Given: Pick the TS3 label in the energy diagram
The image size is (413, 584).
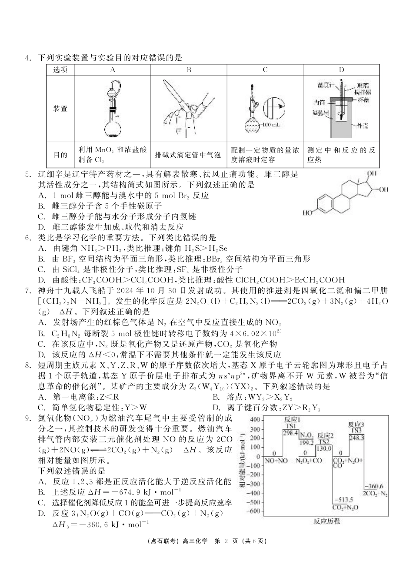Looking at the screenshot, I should pos(356,430).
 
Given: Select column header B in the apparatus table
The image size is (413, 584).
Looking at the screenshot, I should pos(189,70).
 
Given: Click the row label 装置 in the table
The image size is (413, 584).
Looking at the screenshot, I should pos(60,109).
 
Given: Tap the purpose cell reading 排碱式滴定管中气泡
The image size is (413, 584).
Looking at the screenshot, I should pos(188,155).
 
